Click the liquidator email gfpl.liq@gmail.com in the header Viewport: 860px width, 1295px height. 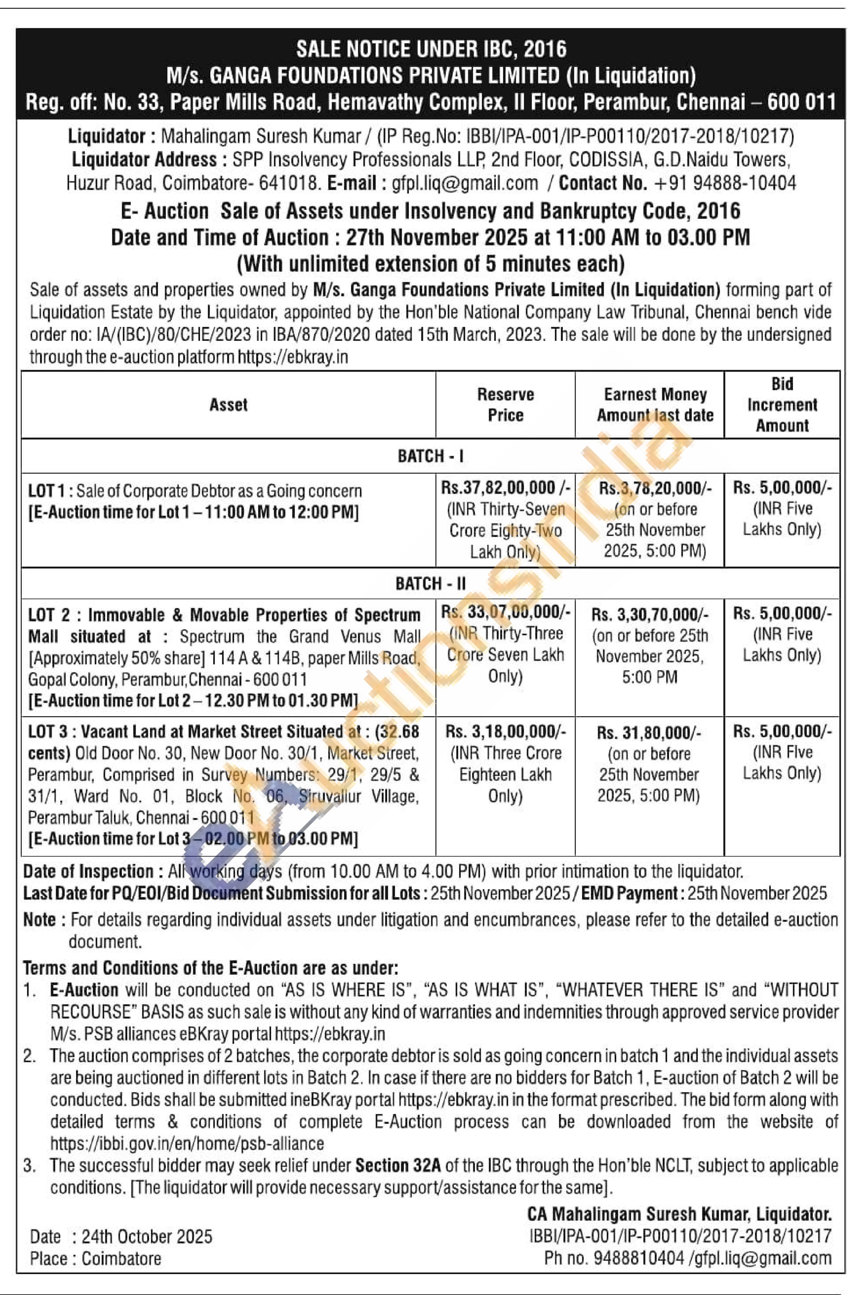coord(464,183)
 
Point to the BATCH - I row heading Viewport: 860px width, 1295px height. coord(430,456)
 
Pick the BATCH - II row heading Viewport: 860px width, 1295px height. coord(430,583)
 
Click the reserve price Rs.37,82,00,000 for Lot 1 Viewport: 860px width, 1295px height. coord(505,487)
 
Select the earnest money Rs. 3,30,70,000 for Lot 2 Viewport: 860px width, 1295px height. coord(650,614)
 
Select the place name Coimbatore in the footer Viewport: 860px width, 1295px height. coord(121,1258)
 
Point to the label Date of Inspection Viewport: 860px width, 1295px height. coord(88,871)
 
